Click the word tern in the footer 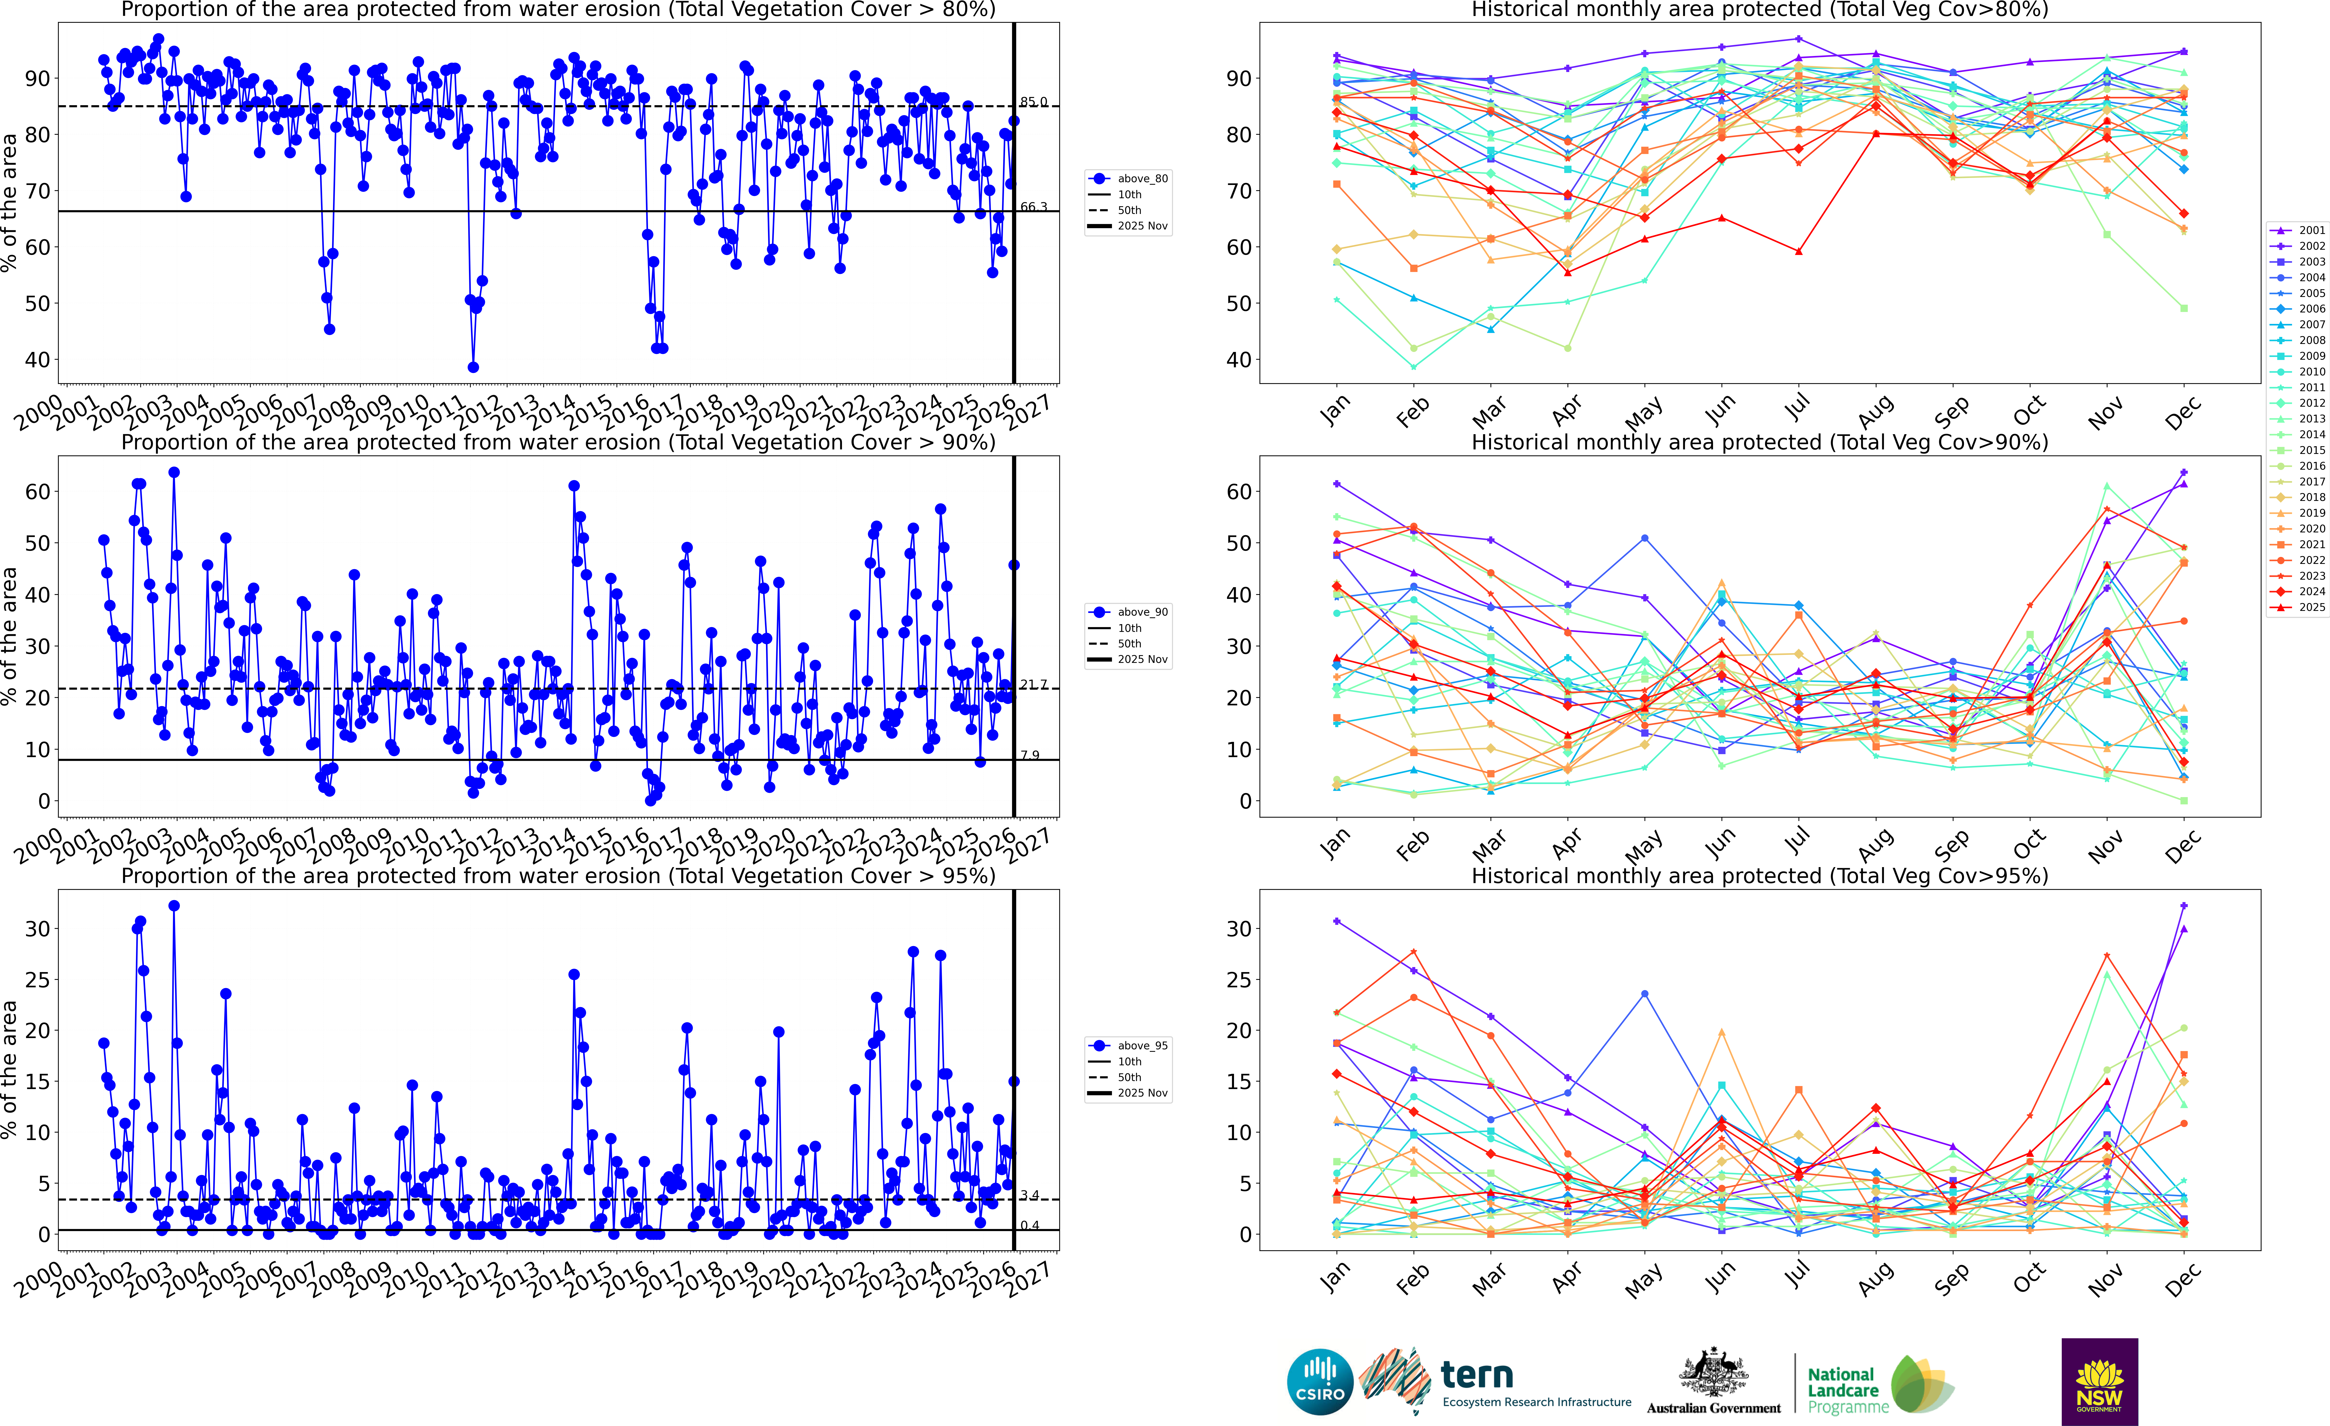click(x=1477, y=1374)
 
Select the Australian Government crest click(x=1712, y=1373)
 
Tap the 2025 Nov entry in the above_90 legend click(x=1141, y=659)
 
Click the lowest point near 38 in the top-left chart click(x=473, y=367)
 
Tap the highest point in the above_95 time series click(x=174, y=906)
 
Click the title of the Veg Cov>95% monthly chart click(x=1760, y=876)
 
